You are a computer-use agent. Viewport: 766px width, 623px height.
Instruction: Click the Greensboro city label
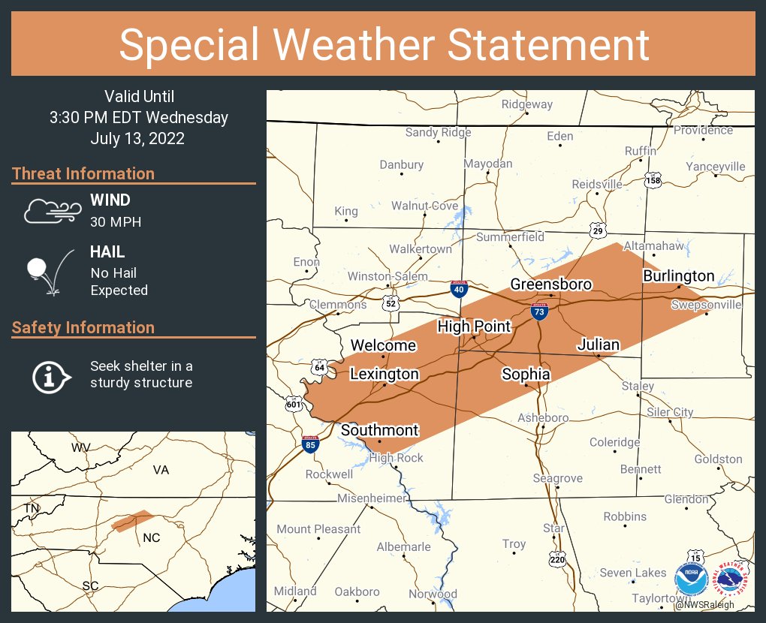(551, 284)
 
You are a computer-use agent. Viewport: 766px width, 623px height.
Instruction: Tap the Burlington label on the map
(678, 276)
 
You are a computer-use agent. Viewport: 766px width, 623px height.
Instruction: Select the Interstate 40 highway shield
(457, 289)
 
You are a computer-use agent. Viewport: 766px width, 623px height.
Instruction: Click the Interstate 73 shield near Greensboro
(538, 311)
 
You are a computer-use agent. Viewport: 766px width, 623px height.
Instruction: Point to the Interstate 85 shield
(310, 444)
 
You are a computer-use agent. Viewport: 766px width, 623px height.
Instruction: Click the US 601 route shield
(294, 405)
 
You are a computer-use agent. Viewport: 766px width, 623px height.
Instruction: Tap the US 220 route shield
(556, 559)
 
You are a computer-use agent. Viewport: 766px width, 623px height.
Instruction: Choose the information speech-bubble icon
(51, 375)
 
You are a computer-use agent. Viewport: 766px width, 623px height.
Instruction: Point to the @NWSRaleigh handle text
(704, 605)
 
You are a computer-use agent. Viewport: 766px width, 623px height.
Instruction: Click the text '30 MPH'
(116, 222)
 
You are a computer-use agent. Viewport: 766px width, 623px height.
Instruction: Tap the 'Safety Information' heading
(83, 327)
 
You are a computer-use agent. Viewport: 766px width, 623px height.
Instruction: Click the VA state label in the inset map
(161, 470)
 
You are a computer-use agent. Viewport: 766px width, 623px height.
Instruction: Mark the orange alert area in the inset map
(131, 521)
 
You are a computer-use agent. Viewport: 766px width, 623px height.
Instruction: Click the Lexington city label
(385, 374)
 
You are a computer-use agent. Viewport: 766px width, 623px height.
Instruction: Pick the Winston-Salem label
(388, 277)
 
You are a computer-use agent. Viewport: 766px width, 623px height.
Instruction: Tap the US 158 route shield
(653, 181)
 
